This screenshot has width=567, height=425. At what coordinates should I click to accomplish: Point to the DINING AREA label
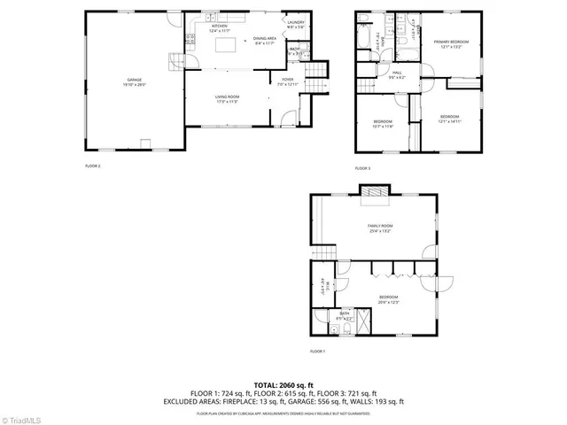coord(265,39)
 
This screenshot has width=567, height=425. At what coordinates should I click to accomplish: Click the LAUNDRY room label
coord(295,23)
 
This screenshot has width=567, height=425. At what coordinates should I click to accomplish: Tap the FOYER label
coord(288,81)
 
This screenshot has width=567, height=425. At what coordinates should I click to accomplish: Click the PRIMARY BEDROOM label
coord(451,42)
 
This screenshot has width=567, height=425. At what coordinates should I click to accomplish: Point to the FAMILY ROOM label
coord(380,227)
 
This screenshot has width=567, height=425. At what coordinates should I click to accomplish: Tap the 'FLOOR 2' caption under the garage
coord(93,166)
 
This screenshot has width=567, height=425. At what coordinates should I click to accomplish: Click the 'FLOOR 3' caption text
coord(363,167)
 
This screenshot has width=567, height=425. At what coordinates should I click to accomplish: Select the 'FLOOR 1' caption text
coord(317,352)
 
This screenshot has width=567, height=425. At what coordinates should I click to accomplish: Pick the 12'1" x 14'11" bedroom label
coord(449,117)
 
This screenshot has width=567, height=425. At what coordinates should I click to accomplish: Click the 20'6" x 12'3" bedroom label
coord(389,297)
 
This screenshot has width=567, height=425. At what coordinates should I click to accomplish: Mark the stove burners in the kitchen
coord(190,39)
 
